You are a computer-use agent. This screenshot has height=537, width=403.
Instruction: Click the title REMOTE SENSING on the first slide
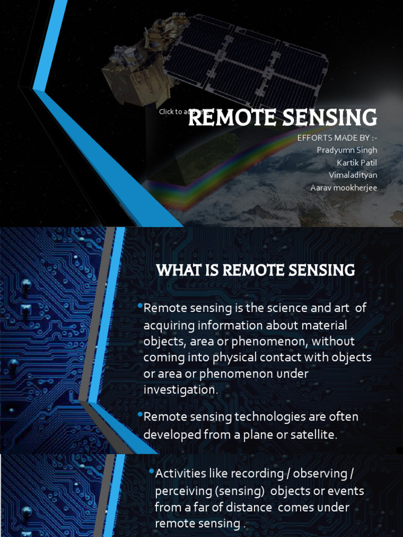click(x=282, y=118)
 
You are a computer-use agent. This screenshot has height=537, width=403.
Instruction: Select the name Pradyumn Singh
click(x=347, y=150)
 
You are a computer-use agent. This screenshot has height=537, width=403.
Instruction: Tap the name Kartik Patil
click(x=357, y=163)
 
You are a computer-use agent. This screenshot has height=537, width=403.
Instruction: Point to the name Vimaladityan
click(x=353, y=175)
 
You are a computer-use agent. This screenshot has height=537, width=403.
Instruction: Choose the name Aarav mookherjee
click(x=344, y=188)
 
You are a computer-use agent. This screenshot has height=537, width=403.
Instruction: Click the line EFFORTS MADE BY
click(x=337, y=138)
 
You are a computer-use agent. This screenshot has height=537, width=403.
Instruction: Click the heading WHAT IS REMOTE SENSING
click(x=256, y=271)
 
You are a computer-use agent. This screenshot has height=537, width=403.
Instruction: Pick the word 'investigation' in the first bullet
click(x=179, y=390)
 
